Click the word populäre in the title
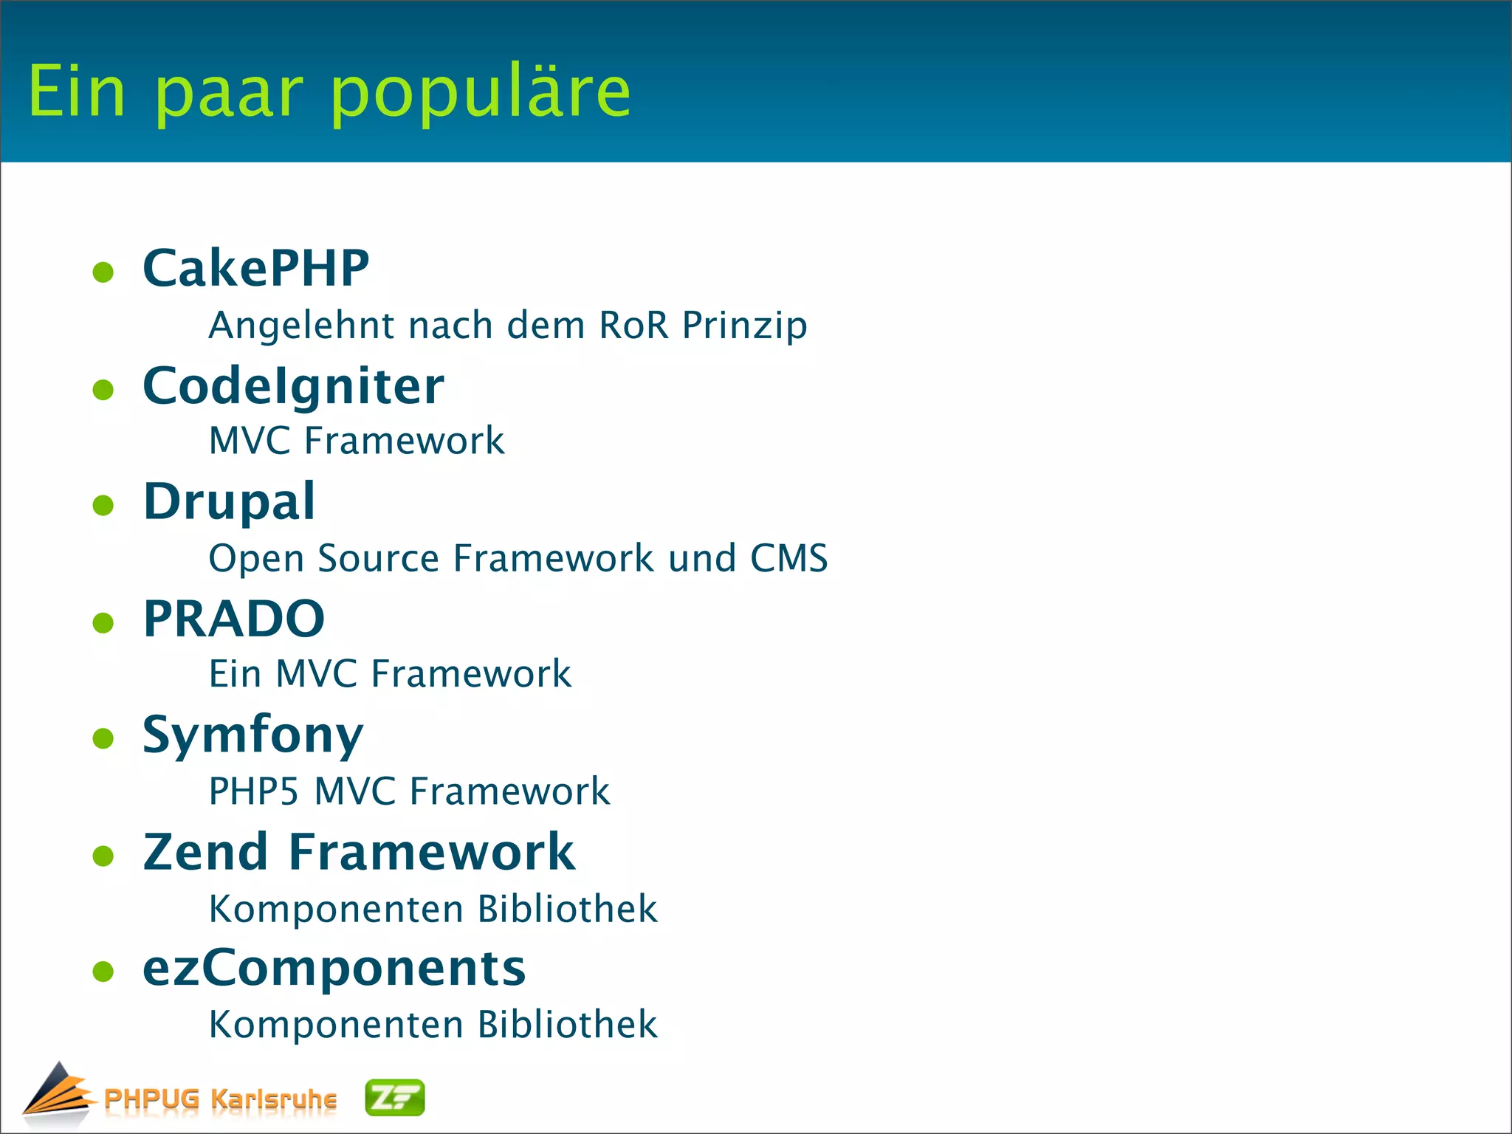[480, 92]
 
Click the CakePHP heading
[255, 268]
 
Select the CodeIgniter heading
[293, 386]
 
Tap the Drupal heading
[229, 502]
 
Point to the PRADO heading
[233, 619]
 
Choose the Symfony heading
[252, 736]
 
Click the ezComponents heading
[334, 968]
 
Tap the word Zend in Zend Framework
[205, 852]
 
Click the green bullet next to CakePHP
[103, 272]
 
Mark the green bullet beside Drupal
[103, 506]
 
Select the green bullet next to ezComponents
[103, 972]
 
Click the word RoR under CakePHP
[633, 326]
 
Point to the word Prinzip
[744, 326]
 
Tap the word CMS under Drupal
[788, 558]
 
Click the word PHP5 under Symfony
[253, 791]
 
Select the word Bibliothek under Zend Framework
[567, 909]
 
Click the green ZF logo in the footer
[395, 1097]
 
